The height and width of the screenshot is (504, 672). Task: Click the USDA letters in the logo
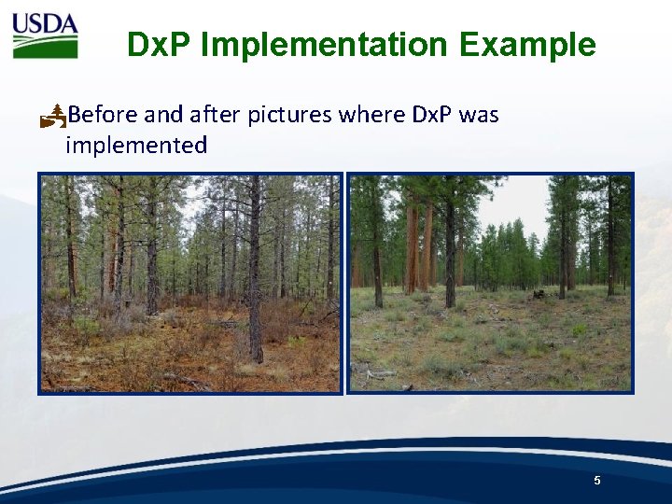[45, 23]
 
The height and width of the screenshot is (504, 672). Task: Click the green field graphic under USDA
[45, 47]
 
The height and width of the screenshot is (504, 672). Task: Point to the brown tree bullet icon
[53, 116]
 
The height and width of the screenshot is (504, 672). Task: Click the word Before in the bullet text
[103, 115]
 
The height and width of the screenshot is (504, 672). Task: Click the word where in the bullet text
[371, 115]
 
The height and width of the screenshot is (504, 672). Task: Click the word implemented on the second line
[136, 145]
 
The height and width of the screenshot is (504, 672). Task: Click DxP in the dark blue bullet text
[432, 115]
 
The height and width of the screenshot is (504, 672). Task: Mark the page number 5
[597, 480]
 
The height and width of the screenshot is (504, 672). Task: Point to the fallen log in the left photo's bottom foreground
[187, 381]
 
